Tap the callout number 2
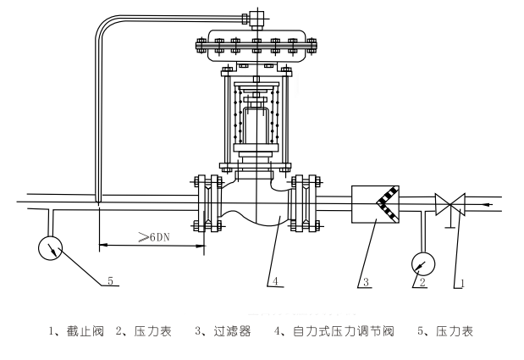421,283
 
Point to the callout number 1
462,283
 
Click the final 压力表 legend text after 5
453,331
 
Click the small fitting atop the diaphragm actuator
251,18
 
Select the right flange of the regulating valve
304,203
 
